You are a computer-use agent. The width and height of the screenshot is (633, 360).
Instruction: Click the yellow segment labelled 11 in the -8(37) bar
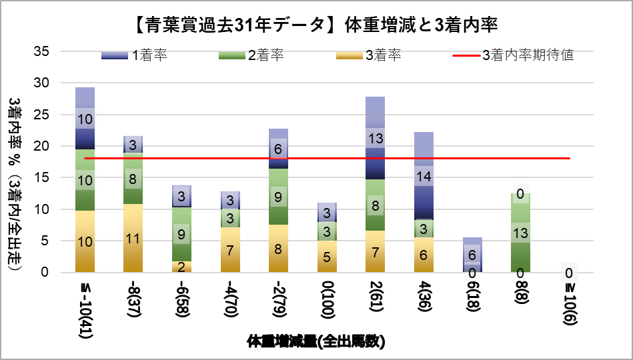133,238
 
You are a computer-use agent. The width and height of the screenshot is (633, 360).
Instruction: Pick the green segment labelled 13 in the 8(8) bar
520,233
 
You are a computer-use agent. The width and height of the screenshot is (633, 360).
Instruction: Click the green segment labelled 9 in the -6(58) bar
181,234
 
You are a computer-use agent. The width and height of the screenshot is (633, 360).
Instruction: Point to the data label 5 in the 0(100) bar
327,256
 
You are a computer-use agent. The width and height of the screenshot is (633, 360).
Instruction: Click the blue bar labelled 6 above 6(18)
472,255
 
